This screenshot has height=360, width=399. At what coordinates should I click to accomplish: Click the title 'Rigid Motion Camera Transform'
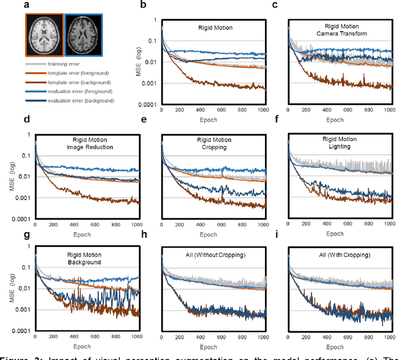pyautogui.click(x=341, y=29)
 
